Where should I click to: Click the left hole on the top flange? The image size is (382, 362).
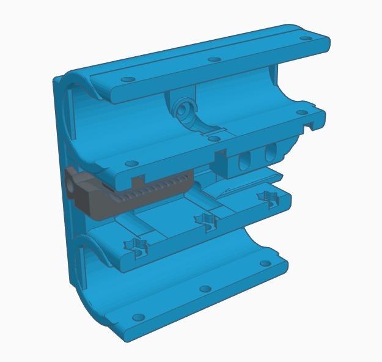(x=127, y=80)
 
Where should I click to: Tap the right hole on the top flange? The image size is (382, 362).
(x=304, y=38)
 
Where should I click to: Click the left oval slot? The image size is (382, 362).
(x=244, y=160)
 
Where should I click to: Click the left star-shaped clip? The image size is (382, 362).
(x=138, y=246)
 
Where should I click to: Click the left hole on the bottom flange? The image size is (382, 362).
(x=139, y=317)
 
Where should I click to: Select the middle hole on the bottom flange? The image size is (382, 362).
(x=205, y=289)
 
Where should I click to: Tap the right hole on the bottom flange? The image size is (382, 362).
(x=264, y=264)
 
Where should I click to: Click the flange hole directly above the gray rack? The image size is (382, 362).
(x=130, y=164)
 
